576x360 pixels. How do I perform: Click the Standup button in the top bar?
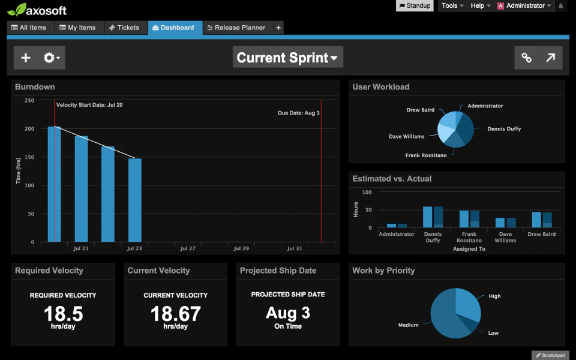(414, 6)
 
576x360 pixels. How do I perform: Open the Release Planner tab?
(236, 28)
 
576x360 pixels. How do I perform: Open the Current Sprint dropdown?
(287, 58)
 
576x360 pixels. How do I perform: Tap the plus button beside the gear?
(26, 58)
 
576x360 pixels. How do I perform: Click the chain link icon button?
(526, 58)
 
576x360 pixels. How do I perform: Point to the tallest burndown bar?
(54, 184)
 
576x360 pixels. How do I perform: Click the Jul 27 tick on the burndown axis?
(188, 248)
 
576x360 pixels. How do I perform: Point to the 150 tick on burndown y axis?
(29, 157)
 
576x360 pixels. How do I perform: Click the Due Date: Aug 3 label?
(298, 113)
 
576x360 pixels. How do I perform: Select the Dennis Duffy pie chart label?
(504, 129)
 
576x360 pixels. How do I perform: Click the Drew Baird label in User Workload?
(420, 110)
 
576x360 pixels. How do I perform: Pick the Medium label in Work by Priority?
(408, 325)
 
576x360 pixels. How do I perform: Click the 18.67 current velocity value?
(175, 313)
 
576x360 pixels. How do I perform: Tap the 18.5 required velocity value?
(63, 313)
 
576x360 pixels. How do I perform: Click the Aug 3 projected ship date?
(287, 313)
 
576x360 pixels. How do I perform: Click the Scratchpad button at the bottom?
(550, 355)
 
